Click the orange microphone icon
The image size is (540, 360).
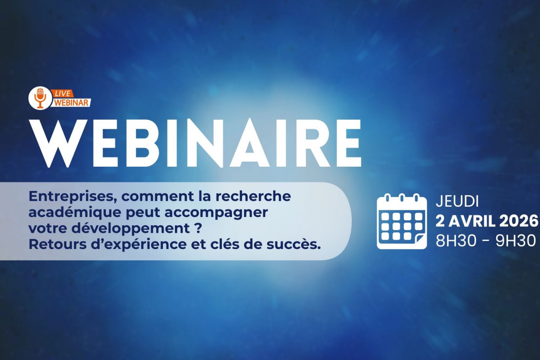click(x=40, y=98)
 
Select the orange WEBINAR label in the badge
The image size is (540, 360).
click(x=71, y=103)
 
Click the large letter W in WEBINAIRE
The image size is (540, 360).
click(x=58, y=143)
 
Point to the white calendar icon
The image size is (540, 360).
click(x=402, y=221)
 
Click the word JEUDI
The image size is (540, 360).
click(x=457, y=202)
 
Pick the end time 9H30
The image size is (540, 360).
click(x=515, y=241)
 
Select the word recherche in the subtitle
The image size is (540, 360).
click(x=253, y=196)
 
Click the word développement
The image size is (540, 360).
click(x=130, y=229)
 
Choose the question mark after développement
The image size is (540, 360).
click(x=197, y=228)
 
